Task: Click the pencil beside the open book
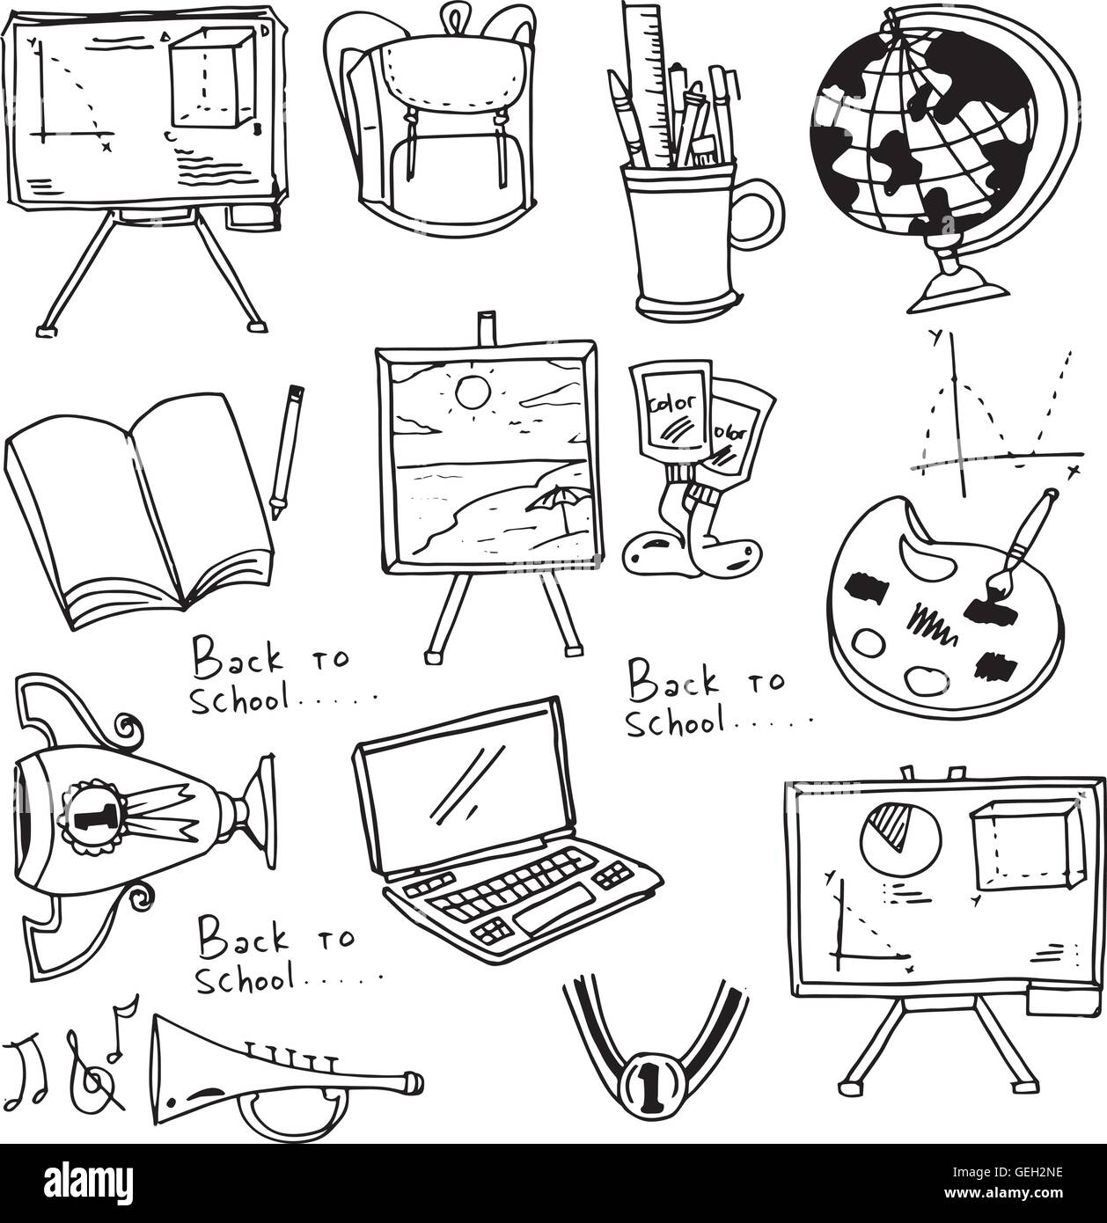[287, 451]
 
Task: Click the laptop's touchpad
[554, 912]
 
